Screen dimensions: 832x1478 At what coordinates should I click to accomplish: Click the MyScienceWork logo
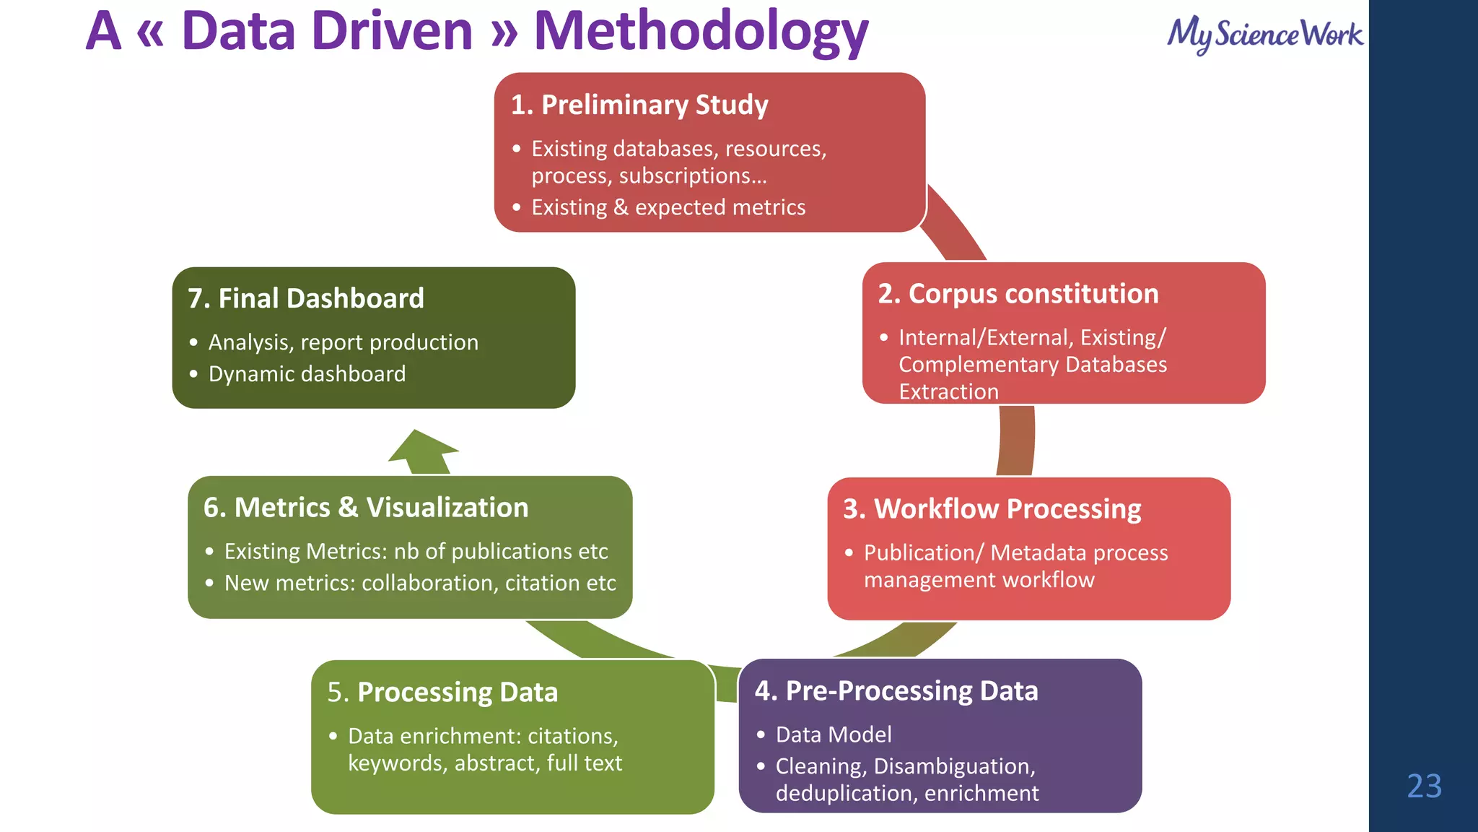point(1265,34)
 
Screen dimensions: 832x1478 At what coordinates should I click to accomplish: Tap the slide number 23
point(1424,786)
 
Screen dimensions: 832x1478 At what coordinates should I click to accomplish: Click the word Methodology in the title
point(701,32)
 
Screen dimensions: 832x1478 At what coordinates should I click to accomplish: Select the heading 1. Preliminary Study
point(639,105)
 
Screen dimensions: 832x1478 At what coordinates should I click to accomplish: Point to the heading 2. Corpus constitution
point(1018,294)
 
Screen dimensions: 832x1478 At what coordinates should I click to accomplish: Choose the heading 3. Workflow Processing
point(992,509)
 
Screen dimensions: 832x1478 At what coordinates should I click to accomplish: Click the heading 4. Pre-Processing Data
point(896,691)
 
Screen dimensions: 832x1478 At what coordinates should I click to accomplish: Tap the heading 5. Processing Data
point(442,692)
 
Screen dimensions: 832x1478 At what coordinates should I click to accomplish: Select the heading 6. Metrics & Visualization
point(366,508)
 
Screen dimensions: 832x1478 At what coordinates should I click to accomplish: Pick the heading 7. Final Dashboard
point(306,298)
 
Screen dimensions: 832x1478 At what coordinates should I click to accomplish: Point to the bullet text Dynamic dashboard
point(307,374)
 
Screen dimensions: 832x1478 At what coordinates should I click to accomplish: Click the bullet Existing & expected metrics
point(668,207)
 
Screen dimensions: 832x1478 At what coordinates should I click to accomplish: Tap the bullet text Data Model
point(834,734)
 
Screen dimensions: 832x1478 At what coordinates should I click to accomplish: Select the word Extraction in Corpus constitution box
point(948,391)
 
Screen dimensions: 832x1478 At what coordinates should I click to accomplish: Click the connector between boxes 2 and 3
point(1016,440)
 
